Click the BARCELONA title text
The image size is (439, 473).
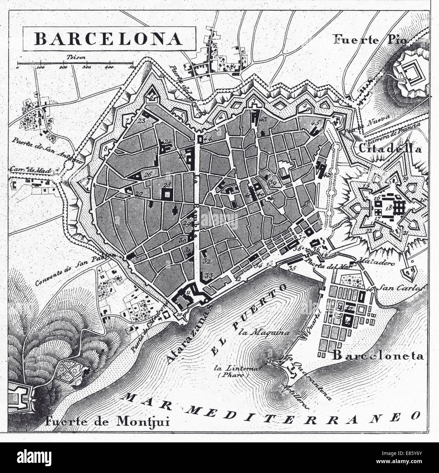point(108,39)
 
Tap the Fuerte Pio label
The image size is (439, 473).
point(370,40)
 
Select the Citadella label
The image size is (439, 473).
point(390,149)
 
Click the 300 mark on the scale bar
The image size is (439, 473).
point(87,67)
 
